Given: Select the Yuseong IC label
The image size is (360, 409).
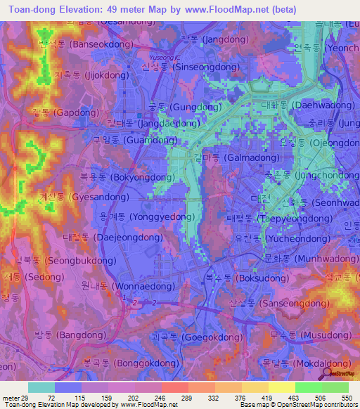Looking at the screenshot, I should pos(167,56).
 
